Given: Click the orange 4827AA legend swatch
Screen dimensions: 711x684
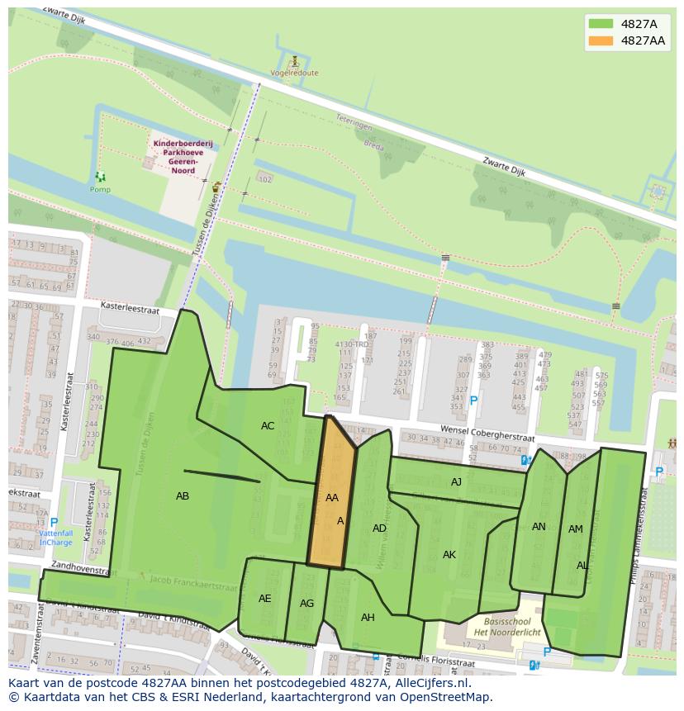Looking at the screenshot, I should click(601, 40).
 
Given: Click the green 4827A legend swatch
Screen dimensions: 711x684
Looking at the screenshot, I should click(601, 24).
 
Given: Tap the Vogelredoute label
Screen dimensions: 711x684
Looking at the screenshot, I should click(294, 73).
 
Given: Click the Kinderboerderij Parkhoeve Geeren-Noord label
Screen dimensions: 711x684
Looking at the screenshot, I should click(183, 153).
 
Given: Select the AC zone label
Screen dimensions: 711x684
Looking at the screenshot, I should click(268, 426).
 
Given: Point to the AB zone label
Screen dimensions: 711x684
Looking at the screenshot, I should click(183, 496).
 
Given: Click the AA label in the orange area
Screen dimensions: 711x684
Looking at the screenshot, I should click(331, 498).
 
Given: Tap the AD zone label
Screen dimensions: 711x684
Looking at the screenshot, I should click(379, 529).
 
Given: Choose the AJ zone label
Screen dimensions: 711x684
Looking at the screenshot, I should click(456, 482).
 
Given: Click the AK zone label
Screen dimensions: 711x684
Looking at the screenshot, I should click(449, 555).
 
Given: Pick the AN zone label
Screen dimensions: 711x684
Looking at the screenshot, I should click(539, 527).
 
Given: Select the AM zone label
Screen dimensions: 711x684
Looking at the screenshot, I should click(576, 529).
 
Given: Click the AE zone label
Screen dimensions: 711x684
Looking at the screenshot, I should click(264, 599).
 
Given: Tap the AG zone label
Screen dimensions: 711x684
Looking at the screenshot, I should click(306, 604).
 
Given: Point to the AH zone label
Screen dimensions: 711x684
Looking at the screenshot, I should click(368, 618).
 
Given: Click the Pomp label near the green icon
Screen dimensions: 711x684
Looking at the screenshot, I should click(100, 190).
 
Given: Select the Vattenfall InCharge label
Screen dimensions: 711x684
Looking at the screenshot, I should click(56, 538).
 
